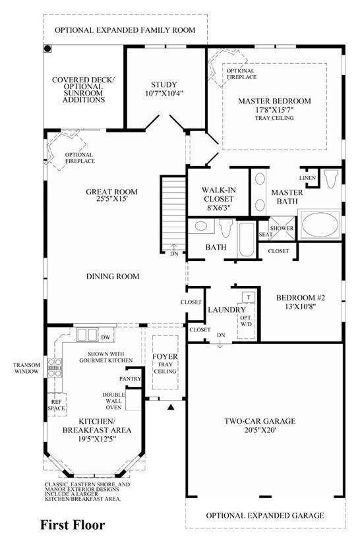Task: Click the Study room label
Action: pos(164,84)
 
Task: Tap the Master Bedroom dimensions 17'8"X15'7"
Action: pos(275,110)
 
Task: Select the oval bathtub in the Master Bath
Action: pos(320,224)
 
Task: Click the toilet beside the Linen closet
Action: pos(331,178)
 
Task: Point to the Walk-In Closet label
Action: pos(218,194)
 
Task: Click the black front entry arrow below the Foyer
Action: pos(171,407)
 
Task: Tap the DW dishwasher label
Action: pos(105,337)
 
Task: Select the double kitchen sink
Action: pos(87,335)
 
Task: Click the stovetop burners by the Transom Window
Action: pos(55,368)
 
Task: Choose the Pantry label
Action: pos(131,379)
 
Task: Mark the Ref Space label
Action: pos(57,405)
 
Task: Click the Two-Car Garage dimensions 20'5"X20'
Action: pos(260,430)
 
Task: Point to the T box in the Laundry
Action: pos(249,297)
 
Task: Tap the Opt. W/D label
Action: pos(246,321)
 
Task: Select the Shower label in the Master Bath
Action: pos(282,228)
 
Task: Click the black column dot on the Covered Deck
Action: pos(47,49)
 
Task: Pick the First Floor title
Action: pos(73,524)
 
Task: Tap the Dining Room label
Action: pos(113,276)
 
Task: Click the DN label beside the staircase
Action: pos(174,254)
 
